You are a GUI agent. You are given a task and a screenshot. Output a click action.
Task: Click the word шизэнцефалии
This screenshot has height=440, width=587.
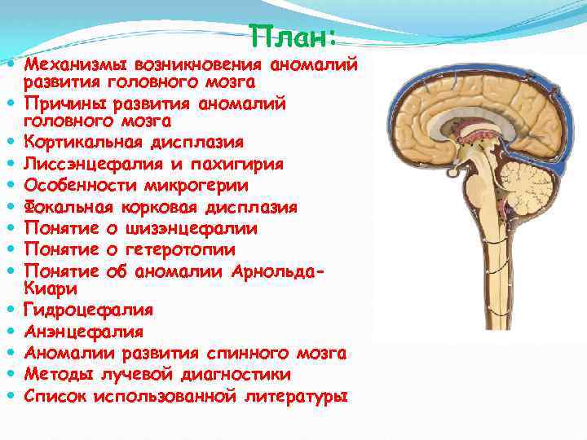pyautogui.click(x=190, y=228)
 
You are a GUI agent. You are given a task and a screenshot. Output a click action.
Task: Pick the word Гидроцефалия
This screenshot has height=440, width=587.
pyautogui.click(x=88, y=310)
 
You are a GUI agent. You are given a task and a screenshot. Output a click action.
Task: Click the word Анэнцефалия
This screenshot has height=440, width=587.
pyautogui.click(x=83, y=332)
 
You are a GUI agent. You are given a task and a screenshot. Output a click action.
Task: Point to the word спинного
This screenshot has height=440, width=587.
pyautogui.click(x=249, y=353)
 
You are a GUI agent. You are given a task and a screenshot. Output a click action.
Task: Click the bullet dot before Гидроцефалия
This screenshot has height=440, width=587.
pyautogui.click(x=14, y=310)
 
